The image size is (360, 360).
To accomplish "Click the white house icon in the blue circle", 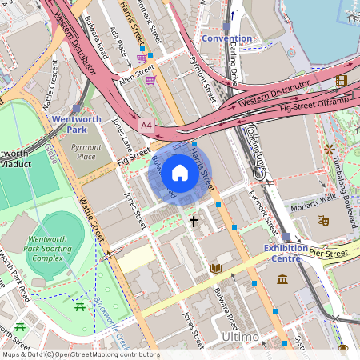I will click(180, 172).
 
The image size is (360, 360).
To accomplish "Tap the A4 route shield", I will click(146, 126).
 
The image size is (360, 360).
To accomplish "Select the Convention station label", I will click(226, 38).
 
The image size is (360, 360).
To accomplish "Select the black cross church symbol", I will click(193, 220).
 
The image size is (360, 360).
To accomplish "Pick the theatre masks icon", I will click(323, 219).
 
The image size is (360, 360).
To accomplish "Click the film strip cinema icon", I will click(342, 80).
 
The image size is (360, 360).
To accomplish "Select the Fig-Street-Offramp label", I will click(318, 102).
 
